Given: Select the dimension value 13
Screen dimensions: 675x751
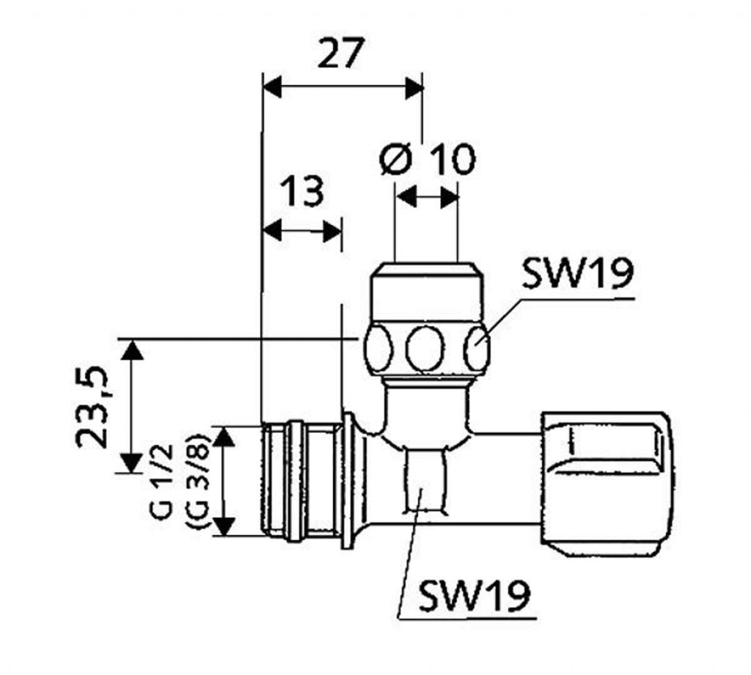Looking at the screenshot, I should click(x=302, y=192).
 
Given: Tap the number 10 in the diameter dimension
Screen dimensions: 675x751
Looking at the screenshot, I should click(x=452, y=159).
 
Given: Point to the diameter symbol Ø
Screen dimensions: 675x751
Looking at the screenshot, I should click(x=395, y=158).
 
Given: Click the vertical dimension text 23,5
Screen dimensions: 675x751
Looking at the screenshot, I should click(x=92, y=407).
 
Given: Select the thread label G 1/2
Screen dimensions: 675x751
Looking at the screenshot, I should click(x=162, y=481).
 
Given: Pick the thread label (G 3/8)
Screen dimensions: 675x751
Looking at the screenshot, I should click(x=197, y=481).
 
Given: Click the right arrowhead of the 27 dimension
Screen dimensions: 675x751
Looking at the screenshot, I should click(x=415, y=88).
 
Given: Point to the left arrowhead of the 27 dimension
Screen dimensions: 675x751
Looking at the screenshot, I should click(x=271, y=88).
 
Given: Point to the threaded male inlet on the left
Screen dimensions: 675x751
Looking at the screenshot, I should click(x=293, y=480).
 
